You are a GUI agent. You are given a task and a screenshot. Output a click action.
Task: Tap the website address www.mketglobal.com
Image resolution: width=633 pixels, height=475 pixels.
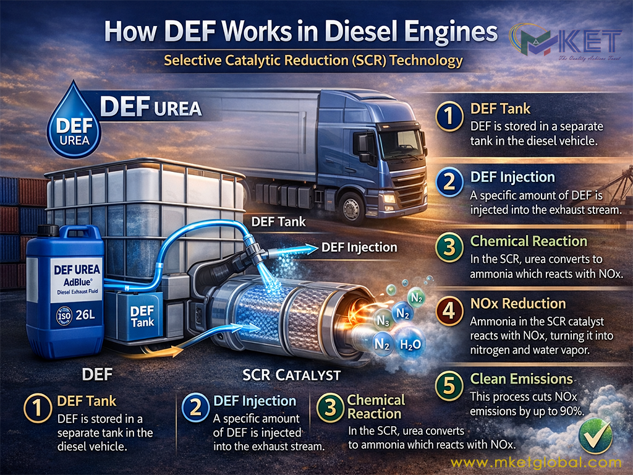click(x=536, y=463)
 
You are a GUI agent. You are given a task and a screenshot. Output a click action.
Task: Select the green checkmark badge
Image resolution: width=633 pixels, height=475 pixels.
click(x=595, y=435)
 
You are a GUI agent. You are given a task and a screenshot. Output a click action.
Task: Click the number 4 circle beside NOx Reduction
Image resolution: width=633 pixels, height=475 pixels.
click(x=449, y=312)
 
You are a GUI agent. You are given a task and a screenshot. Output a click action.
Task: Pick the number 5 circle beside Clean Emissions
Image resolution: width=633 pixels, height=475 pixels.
click(x=449, y=385)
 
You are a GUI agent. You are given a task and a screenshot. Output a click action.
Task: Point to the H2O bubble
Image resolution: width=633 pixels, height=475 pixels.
click(x=410, y=344)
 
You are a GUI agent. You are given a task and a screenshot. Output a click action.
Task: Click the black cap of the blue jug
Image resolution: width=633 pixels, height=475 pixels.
click(x=48, y=230)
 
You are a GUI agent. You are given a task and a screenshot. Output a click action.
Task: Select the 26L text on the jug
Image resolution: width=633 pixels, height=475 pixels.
click(x=85, y=315)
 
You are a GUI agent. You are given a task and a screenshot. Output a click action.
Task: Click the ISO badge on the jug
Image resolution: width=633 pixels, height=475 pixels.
click(x=64, y=316)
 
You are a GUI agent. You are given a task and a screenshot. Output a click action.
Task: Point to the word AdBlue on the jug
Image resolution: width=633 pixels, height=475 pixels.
click(x=77, y=282)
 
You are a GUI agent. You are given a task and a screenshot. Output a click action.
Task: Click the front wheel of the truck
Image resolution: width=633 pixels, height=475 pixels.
click(x=352, y=207)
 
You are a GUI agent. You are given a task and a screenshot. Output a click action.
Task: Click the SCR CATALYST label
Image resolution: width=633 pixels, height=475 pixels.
click(x=292, y=375)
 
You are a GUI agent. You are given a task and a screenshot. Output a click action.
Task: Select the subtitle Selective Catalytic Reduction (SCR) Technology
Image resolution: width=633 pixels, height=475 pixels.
click(x=313, y=61)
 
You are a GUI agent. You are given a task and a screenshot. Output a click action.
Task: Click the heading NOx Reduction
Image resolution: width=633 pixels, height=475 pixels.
click(x=518, y=303)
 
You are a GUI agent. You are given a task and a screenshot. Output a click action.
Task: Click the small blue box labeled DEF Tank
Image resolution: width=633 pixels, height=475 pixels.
click(x=140, y=316)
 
